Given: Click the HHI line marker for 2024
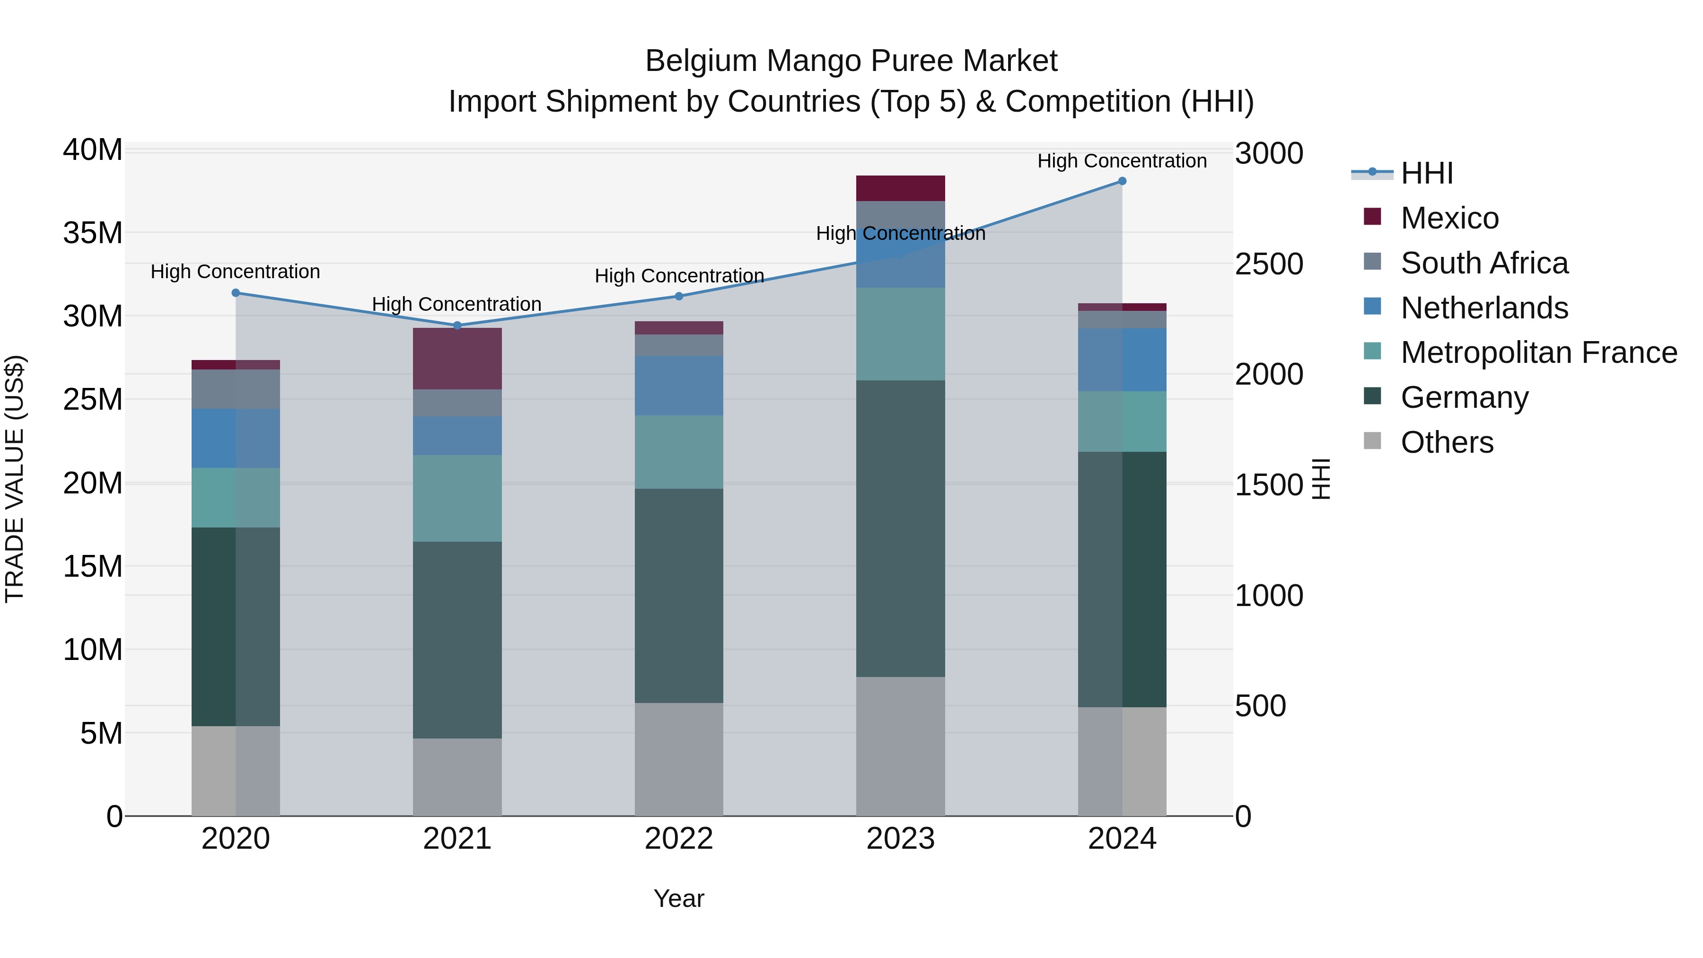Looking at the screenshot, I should point(1122,181).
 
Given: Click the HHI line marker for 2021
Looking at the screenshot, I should point(457,325).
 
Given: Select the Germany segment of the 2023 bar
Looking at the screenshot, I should point(900,528).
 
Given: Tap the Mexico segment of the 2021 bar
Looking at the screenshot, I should point(457,358).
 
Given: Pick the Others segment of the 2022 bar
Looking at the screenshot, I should point(678,759).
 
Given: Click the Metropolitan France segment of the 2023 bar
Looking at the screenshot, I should point(900,334).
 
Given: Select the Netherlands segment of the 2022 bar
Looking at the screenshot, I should point(678,386).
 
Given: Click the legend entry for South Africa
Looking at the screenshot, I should point(1484,263).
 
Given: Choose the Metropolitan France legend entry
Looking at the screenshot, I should point(1538,352).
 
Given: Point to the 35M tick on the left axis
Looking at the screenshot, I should point(93,233).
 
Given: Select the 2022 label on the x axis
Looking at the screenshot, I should point(678,839).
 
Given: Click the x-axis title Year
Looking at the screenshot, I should point(678,898).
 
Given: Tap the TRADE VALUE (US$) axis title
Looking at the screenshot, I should point(15,479).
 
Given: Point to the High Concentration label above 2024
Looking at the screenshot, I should point(1122,161).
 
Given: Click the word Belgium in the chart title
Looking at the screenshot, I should point(701,61).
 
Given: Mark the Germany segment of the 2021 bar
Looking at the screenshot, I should point(457,640).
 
